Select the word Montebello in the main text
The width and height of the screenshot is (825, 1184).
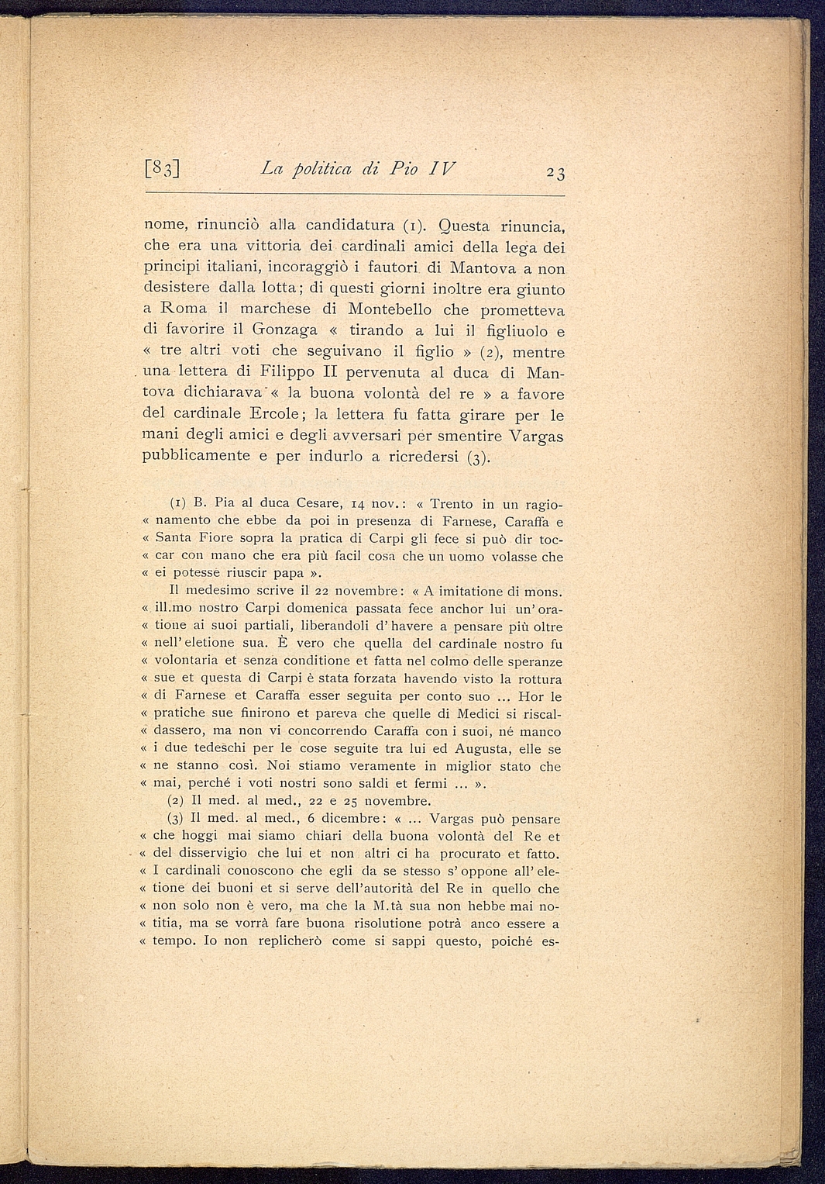point(386,309)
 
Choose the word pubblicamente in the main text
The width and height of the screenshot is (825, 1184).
point(196,456)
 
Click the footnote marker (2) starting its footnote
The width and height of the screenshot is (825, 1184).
point(177,801)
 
